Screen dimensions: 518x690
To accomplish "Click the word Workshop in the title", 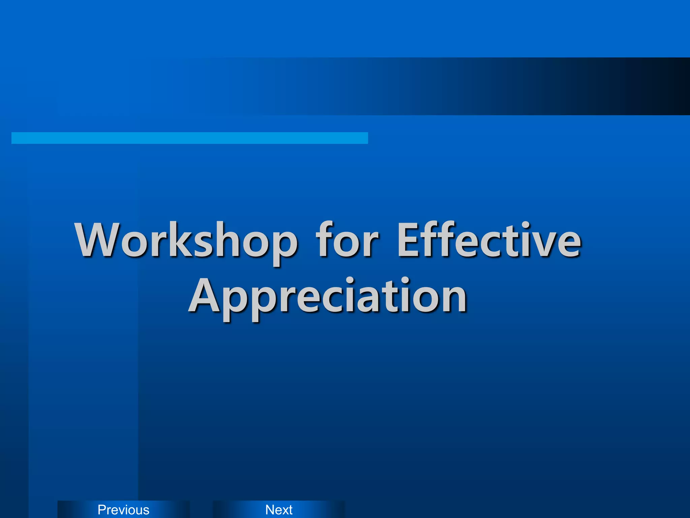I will [x=186, y=240].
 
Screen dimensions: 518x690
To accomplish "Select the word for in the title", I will [x=347, y=240].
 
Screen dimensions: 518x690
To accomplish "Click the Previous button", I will [x=123, y=510].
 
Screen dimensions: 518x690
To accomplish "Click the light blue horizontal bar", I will [x=189, y=138].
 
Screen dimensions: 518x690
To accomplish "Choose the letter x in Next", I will [x=284, y=510].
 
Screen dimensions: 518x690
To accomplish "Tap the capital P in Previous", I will [x=102, y=510].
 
